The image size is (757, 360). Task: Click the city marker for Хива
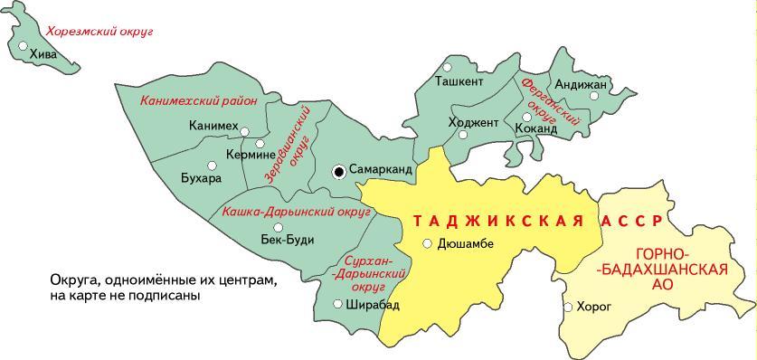(24, 45)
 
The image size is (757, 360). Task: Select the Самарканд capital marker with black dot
(338, 170)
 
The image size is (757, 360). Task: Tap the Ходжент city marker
(463, 135)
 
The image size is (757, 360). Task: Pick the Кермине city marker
(260, 143)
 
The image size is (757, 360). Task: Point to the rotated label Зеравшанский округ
(289, 145)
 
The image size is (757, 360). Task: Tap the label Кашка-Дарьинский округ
(297, 213)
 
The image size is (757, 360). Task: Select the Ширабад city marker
(337, 304)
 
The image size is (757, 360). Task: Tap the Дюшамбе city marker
(427, 242)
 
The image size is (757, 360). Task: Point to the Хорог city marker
(567, 307)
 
